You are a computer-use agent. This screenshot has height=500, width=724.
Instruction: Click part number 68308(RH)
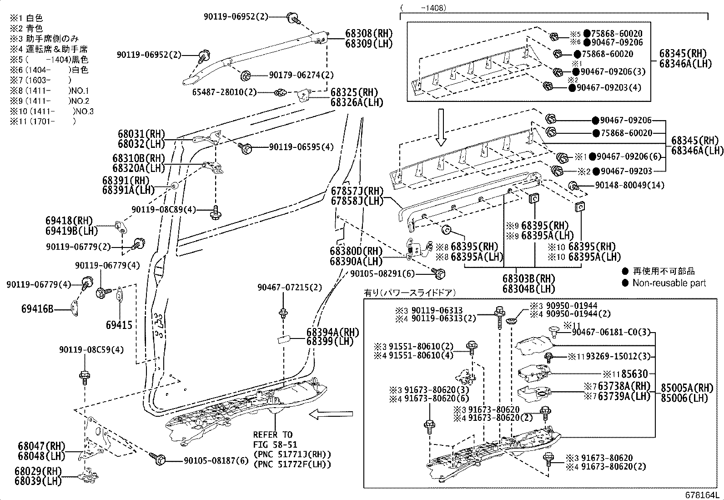pos(368,34)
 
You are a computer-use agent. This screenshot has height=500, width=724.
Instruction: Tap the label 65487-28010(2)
pos(224,92)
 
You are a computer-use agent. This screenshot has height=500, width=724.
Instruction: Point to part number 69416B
pos(37,309)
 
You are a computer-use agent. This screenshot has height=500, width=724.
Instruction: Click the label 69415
pos(119,325)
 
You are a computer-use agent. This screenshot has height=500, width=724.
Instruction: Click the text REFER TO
pos(272,434)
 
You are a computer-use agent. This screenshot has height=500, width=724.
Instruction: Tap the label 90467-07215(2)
pos(289,287)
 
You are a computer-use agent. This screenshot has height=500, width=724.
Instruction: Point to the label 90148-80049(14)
pos(629,185)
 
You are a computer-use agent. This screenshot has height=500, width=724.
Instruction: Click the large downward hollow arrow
pos(440,127)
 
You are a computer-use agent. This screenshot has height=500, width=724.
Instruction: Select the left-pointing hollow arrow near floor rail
pos(331,414)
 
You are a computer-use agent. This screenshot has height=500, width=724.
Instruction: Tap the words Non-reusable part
pos(669,283)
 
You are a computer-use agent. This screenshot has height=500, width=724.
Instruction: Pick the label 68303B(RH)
pos(528,278)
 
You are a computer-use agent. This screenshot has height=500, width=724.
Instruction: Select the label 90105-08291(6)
pos(382,273)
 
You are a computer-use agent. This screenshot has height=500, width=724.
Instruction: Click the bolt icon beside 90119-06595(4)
pos(246,147)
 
